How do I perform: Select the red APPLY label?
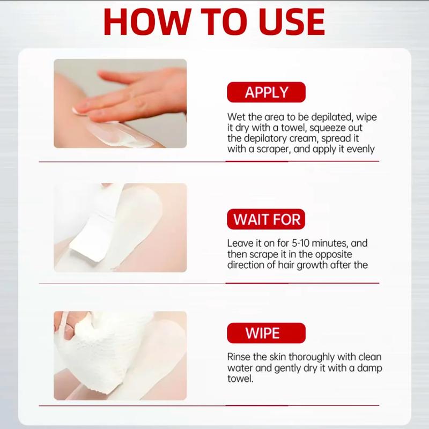[267, 92]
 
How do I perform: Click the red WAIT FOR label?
[267, 219]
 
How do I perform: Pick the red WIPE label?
[267, 332]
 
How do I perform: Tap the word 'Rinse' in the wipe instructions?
[239, 357]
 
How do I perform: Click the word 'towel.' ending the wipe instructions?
[240, 378]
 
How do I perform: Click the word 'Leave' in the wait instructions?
[240, 243]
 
